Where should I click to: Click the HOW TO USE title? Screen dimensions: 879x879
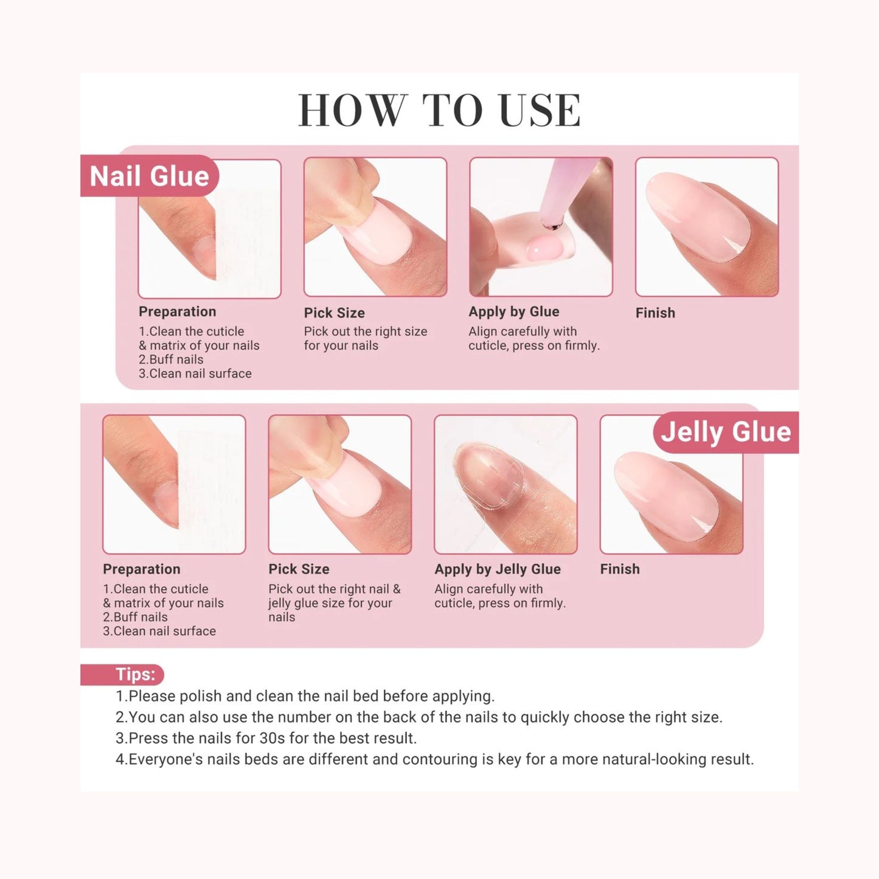point(439,110)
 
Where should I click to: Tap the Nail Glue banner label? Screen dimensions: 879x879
point(149,176)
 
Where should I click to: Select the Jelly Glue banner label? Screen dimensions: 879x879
point(726,431)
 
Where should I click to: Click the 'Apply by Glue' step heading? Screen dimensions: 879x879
point(513,312)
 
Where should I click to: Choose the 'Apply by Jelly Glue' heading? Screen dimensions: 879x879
point(497,569)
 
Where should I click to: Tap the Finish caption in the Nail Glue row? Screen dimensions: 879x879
point(655,313)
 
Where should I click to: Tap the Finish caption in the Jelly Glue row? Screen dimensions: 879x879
point(619,569)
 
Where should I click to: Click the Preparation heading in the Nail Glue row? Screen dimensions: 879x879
point(178,312)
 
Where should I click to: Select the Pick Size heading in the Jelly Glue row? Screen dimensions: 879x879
point(299,569)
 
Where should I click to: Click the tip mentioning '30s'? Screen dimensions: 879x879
point(266,738)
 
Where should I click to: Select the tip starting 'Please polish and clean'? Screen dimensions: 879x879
point(305,696)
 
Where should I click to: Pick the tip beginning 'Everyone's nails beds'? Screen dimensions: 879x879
point(434,759)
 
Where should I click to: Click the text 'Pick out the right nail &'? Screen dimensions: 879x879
point(335,589)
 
